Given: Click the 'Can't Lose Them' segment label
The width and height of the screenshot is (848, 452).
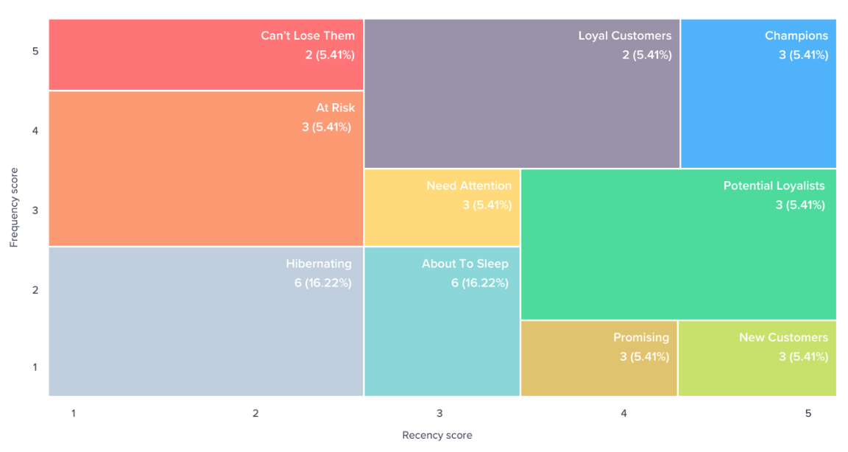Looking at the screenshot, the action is pyautogui.click(x=308, y=35).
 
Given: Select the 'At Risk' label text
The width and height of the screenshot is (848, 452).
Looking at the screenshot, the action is pyautogui.click(x=336, y=107).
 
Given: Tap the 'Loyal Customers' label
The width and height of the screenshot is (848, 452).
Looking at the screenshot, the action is pyautogui.click(x=625, y=35).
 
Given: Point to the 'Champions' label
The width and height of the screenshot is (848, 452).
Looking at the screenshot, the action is pyautogui.click(x=796, y=35).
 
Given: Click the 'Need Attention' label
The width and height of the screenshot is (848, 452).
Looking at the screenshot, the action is pyautogui.click(x=469, y=186).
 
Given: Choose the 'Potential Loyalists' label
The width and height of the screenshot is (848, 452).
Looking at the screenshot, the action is pyautogui.click(x=774, y=186).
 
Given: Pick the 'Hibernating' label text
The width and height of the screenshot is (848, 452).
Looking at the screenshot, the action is pyautogui.click(x=319, y=264).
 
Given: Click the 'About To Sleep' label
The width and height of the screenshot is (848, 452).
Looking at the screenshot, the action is pyautogui.click(x=465, y=264).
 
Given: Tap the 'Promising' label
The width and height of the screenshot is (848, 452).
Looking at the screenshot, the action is pyautogui.click(x=641, y=337).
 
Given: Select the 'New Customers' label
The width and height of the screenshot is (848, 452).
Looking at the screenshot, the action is pyautogui.click(x=784, y=337).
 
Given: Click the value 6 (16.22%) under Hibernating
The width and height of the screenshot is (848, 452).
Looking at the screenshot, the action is pyautogui.click(x=323, y=283).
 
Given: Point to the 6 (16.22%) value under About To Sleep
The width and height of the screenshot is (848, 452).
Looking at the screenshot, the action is pyautogui.click(x=480, y=283).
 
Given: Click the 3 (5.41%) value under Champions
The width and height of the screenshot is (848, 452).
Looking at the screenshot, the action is pyautogui.click(x=803, y=54).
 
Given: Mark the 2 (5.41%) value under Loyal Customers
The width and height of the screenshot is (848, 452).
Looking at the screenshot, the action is pyautogui.click(x=647, y=54).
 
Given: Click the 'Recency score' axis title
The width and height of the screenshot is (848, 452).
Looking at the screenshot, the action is pyautogui.click(x=437, y=435).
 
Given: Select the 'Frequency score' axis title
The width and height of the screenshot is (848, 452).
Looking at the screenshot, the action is pyautogui.click(x=14, y=208).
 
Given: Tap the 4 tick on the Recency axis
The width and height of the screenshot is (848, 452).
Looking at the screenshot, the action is pyautogui.click(x=623, y=413).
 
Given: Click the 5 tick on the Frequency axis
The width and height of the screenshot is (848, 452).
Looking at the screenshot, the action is pyautogui.click(x=35, y=51).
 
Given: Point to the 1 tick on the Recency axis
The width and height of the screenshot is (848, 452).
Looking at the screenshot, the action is pyautogui.click(x=74, y=413).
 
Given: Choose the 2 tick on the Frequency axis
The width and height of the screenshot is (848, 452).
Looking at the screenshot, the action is pyautogui.click(x=35, y=290).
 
